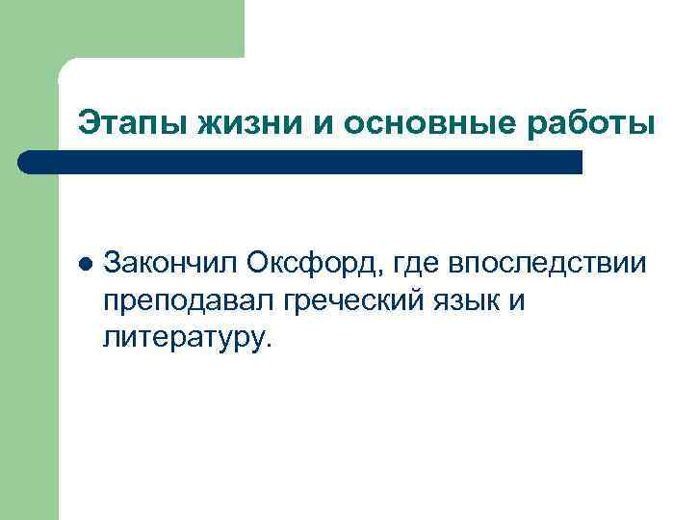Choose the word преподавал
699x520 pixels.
pyautogui.click(x=190, y=300)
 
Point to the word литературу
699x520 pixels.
pyautogui.click(x=189, y=338)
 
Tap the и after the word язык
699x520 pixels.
pyautogui.click(x=516, y=300)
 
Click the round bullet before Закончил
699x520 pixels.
pyautogui.click(x=85, y=263)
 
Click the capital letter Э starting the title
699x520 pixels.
pyautogui.click(x=88, y=123)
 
